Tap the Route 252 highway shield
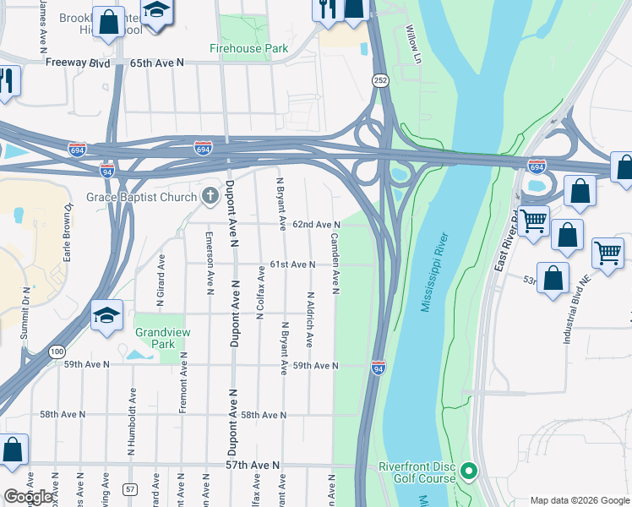click(379, 79)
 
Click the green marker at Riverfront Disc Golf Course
click(469, 471)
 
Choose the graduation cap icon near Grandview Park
click(107, 316)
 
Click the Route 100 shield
click(56, 351)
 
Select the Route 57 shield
click(129, 489)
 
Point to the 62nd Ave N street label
click(316, 225)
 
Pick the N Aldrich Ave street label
click(310, 319)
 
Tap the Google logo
click(29, 497)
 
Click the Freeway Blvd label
click(78, 63)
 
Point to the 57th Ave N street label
click(253, 466)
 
